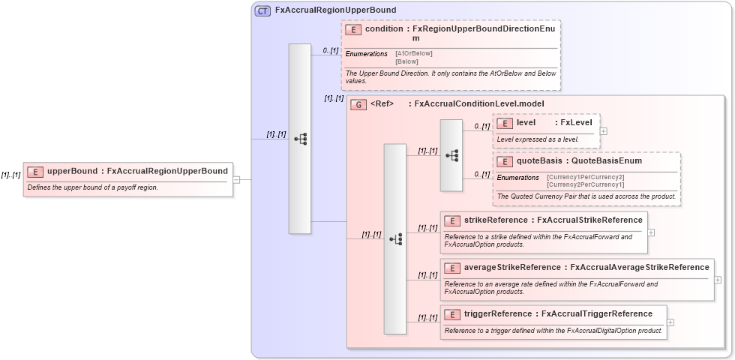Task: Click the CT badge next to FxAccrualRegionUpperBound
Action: [x=262, y=10]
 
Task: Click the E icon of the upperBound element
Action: [x=35, y=171]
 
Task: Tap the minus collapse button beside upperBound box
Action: [x=236, y=180]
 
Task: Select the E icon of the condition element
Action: [x=353, y=29]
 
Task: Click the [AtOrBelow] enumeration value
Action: [x=413, y=53]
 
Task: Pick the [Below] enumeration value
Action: [x=406, y=61]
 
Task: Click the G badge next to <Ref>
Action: [x=358, y=104]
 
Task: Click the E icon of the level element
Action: [x=505, y=123]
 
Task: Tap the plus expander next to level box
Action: [x=604, y=130]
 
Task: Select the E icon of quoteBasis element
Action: [x=505, y=161]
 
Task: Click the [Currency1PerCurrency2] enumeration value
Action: [x=585, y=177]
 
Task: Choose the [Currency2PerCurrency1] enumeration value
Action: [x=585, y=184]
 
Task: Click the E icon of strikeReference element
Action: [x=452, y=220]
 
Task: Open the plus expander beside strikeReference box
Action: [x=651, y=232]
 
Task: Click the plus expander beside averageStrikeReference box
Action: [x=718, y=279]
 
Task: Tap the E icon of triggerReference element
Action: [x=452, y=314]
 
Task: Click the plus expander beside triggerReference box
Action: [x=670, y=322]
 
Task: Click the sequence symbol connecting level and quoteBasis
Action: [x=451, y=155]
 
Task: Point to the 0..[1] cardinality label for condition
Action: [x=330, y=51]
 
